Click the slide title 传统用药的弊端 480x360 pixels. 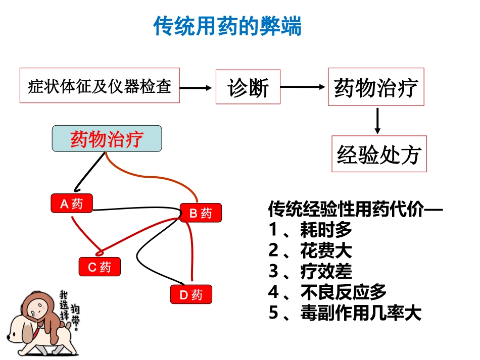pyautogui.click(x=227, y=26)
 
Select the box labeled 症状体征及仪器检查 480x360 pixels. pyautogui.click(x=100, y=85)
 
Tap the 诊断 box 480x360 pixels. pyautogui.click(x=248, y=87)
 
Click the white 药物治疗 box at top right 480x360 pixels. pyautogui.click(x=376, y=87)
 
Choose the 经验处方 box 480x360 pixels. pyautogui.click(x=379, y=153)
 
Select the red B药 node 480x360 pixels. pyautogui.click(x=201, y=213)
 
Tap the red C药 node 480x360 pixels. pyautogui.click(x=100, y=267)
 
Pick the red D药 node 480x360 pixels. pyautogui.click(x=191, y=294)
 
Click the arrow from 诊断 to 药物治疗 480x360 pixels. pyautogui.click(x=303, y=87)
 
